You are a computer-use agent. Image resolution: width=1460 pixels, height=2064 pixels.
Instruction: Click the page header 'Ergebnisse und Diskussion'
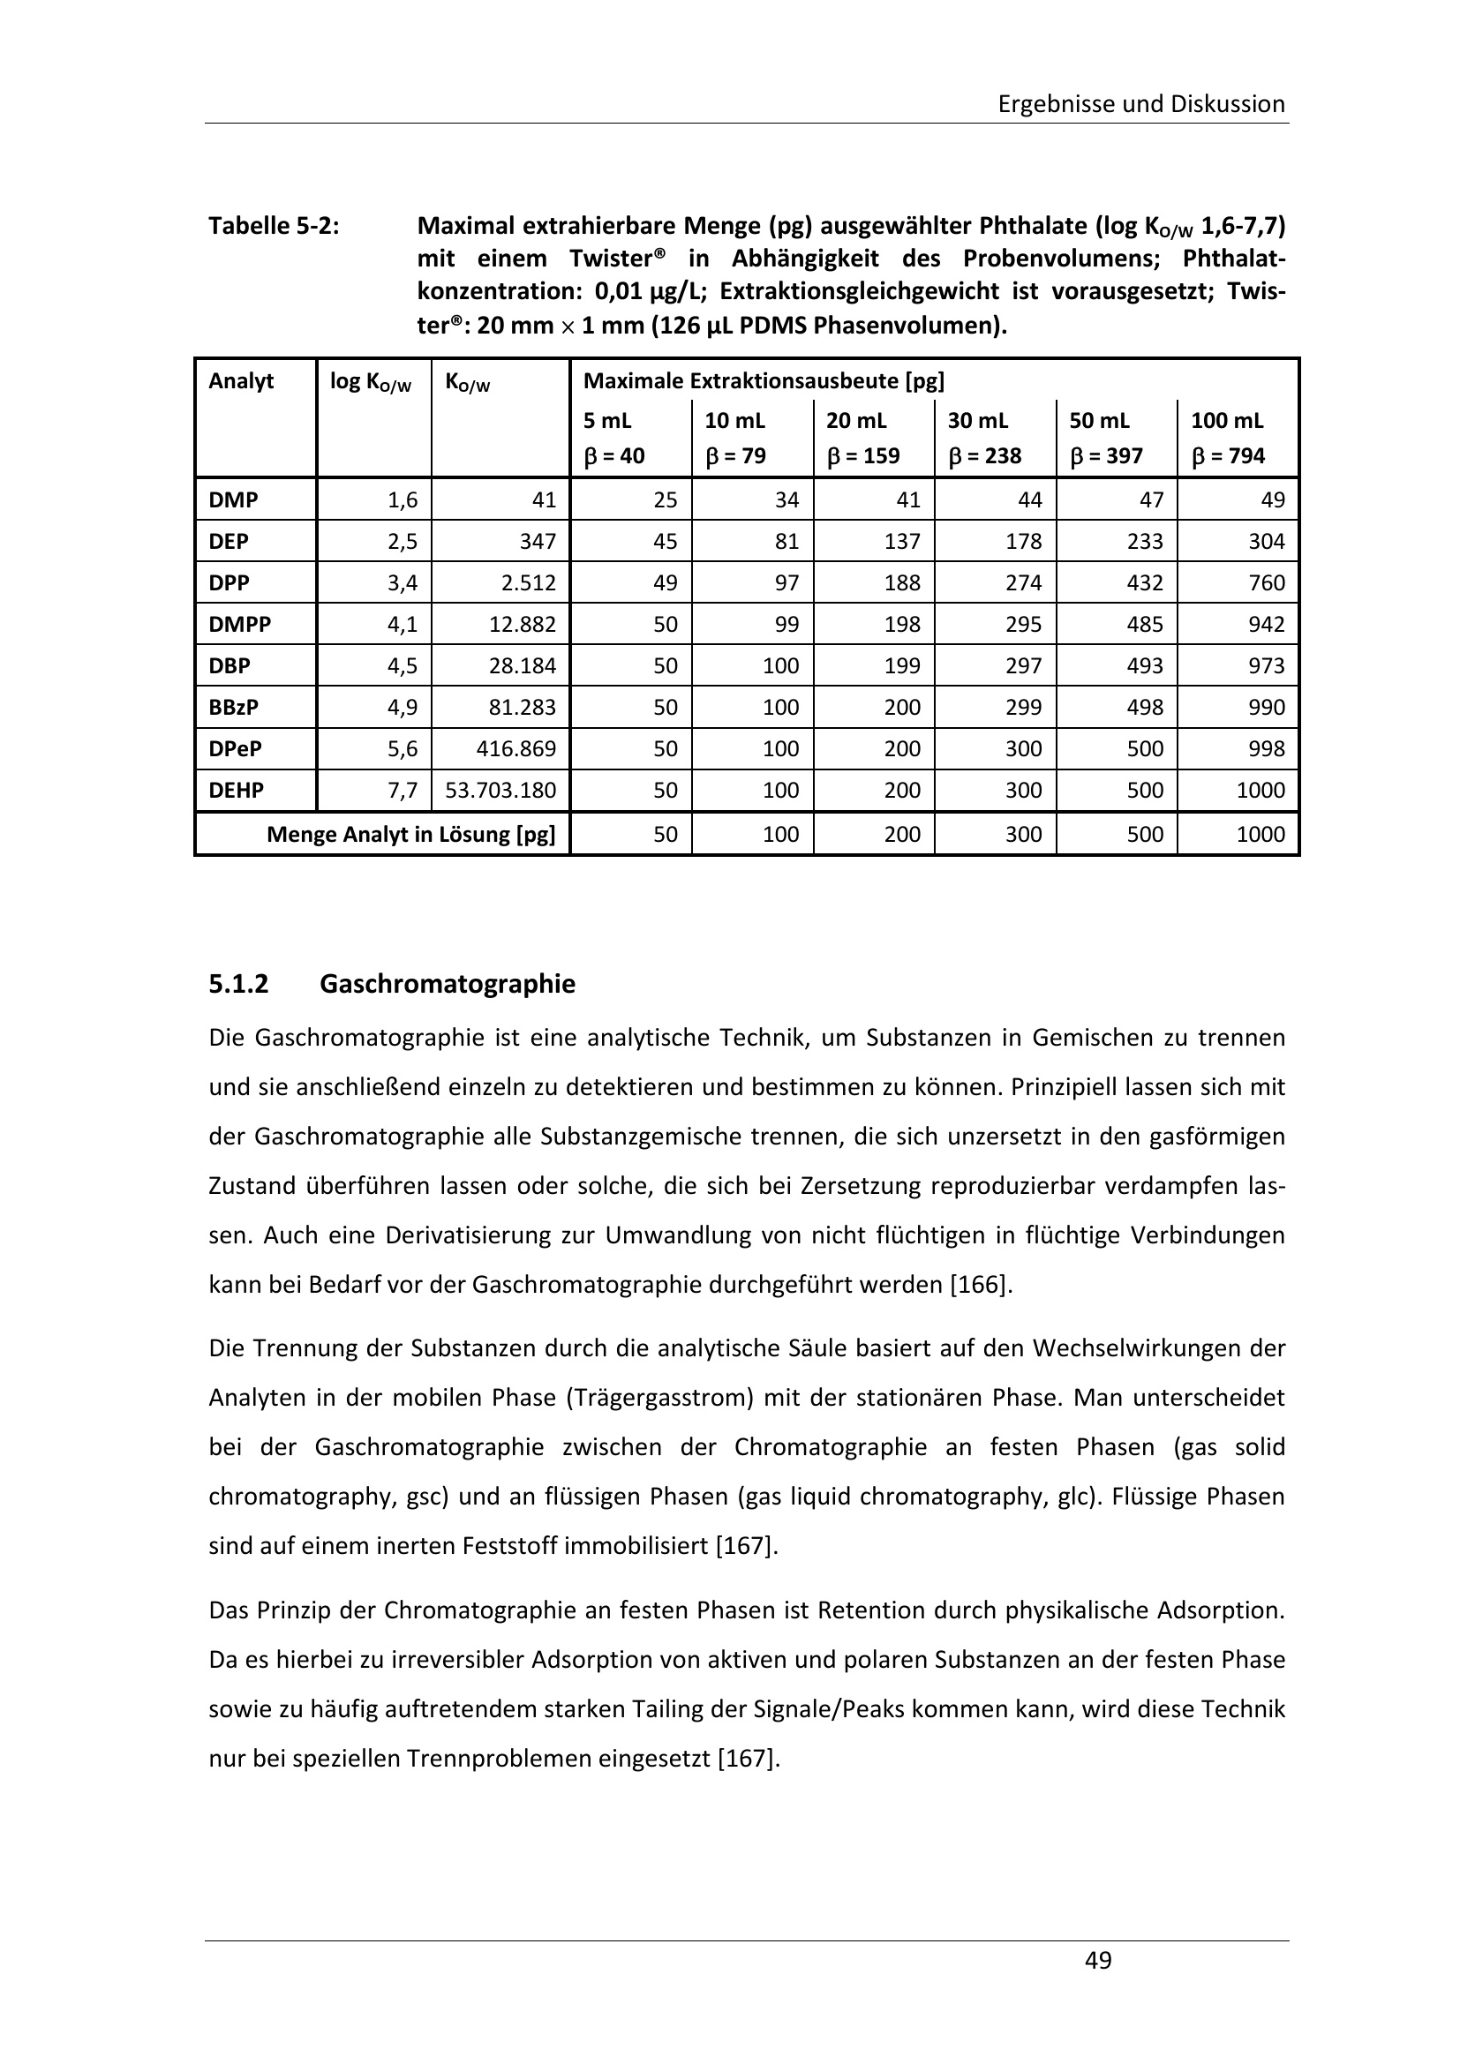[x=1140, y=104]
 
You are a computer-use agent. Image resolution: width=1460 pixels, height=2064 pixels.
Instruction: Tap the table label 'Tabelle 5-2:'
[x=275, y=226]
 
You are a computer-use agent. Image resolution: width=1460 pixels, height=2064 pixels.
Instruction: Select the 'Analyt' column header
[x=241, y=381]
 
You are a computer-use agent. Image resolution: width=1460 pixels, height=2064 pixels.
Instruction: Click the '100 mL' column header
[x=1226, y=421]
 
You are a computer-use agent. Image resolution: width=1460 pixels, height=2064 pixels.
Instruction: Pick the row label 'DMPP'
[x=239, y=624]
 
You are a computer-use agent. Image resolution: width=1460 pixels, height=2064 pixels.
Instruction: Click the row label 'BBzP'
[x=234, y=708]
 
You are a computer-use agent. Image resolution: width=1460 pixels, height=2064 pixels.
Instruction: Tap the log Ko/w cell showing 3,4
[x=402, y=582]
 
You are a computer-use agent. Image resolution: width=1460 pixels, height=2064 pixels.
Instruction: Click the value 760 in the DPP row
[x=1267, y=582]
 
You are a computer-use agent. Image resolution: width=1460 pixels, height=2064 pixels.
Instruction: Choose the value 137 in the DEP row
[x=902, y=541]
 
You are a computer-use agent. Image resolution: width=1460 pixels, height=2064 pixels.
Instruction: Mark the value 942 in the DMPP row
[x=1267, y=624]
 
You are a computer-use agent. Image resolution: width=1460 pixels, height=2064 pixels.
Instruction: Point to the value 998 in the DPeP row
[x=1267, y=749]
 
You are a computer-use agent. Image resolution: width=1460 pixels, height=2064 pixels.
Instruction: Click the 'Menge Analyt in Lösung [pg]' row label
[x=410, y=835]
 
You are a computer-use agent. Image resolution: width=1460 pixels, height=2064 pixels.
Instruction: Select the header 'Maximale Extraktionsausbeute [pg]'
[x=764, y=381]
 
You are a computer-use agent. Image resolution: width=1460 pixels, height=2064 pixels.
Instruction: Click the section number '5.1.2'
[x=238, y=985]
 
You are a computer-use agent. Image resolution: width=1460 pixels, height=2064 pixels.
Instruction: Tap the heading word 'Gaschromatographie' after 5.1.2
[x=447, y=985]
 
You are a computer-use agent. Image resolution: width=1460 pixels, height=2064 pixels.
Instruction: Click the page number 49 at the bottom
[x=1098, y=1960]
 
